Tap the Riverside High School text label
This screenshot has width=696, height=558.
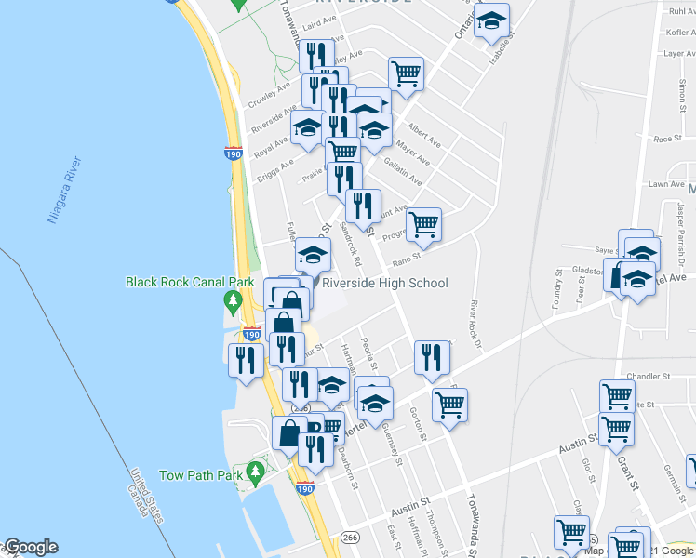(385, 284)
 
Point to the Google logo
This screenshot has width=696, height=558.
(30, 547)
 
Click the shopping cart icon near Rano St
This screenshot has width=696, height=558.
(424, 224)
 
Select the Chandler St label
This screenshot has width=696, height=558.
(649, 377)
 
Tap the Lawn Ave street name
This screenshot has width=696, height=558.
(666, 184)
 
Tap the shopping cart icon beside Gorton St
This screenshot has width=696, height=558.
(449, 405)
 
